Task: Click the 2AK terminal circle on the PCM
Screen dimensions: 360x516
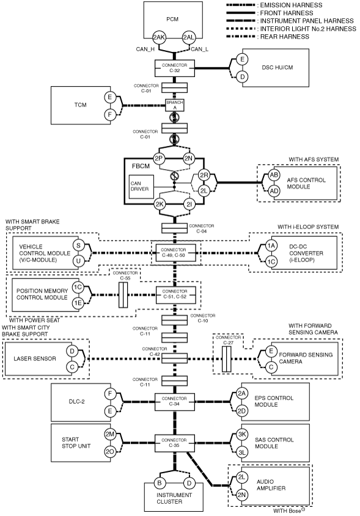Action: tap(158, 37)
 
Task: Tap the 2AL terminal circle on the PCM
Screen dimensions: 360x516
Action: tap(188, 37)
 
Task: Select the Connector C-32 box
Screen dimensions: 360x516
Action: tap(174, 68)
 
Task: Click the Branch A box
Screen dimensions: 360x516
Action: tap(175, 105)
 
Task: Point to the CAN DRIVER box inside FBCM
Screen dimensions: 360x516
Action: tap(141, 187)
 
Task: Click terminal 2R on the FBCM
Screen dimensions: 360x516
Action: tap(204, 175)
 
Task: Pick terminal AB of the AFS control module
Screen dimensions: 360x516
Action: tap(274, 175)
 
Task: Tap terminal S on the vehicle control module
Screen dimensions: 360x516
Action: tap(78, 245)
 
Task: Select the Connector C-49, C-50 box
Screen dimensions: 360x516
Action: tap(174, 253)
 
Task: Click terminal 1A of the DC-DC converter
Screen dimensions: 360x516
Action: tap(271, 245)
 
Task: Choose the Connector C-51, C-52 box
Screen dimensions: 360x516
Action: tap(175, 294)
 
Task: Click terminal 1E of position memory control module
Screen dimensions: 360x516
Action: tap(78, 303)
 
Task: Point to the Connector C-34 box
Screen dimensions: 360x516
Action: tap(174, 401)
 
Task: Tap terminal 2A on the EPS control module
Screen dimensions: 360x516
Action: tap(242, 394)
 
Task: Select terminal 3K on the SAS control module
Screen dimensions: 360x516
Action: tap(242, 434)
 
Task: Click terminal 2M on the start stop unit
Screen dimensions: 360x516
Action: tap(109, 434)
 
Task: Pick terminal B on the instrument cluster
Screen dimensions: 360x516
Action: tap(160, 483)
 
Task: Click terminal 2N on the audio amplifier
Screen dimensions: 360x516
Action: tap(242, 495)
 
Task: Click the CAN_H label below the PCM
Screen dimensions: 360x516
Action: tap(145, 49)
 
